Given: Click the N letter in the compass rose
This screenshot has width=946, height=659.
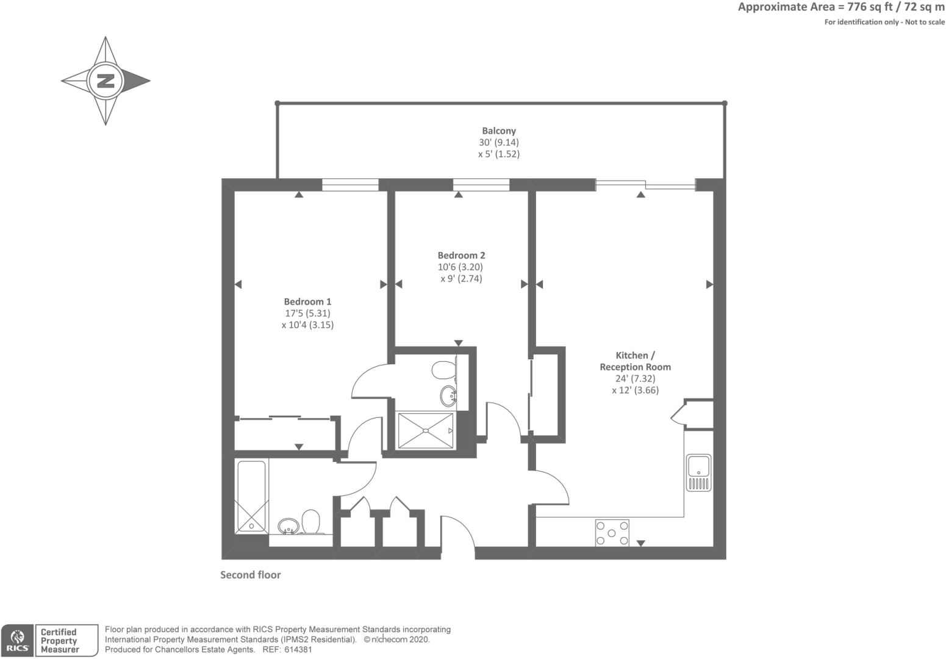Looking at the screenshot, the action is (x=106, y=81).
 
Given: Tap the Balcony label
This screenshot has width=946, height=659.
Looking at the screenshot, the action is (x=499, y=131).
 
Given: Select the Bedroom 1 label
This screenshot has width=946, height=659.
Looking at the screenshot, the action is (x=307, y=301).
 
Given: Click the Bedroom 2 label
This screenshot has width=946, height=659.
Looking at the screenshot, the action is (x=461, y=255).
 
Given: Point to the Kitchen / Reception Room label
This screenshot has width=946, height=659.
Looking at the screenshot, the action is (x=635, y=361).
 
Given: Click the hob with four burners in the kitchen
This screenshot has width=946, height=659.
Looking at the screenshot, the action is (x=612, y=533).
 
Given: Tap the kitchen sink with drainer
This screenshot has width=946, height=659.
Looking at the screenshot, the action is (x=698, y=472).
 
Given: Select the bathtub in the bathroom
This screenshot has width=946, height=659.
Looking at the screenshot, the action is (x=252, y=497).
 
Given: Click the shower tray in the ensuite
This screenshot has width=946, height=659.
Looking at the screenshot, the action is (x=426, y=430).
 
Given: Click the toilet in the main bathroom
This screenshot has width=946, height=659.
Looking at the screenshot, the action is (x=310, y=522).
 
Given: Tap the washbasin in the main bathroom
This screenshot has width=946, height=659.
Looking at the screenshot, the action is (x=288, y=527).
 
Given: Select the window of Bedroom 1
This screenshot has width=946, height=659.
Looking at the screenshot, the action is (x=350, y=185).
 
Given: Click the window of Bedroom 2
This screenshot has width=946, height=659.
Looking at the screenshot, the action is (x=481, y=185).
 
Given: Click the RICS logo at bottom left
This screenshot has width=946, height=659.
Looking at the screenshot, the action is (x=17, y=641).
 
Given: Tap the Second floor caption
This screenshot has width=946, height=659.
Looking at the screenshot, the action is (x=251, y=575).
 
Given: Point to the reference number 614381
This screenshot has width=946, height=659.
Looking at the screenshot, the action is (x=298, y=650).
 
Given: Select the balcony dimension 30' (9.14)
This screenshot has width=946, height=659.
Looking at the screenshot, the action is (x=499, y=142).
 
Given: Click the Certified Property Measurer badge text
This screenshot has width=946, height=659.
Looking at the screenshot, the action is (x=60, y=641).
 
